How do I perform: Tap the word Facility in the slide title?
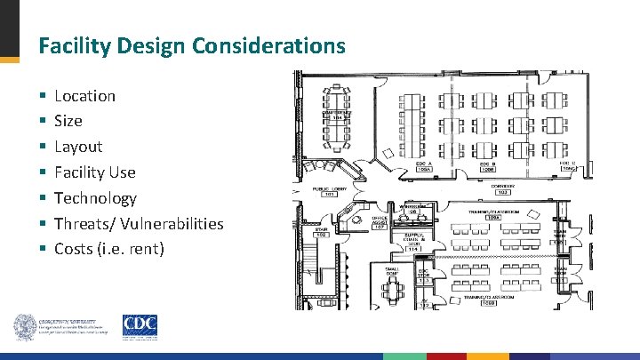71,44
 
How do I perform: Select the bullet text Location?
84,95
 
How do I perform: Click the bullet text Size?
68,121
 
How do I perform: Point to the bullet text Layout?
78,147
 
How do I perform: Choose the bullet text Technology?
95,198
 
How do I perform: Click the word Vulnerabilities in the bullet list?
171,224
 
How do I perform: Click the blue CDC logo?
140,325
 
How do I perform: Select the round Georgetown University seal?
24,327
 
